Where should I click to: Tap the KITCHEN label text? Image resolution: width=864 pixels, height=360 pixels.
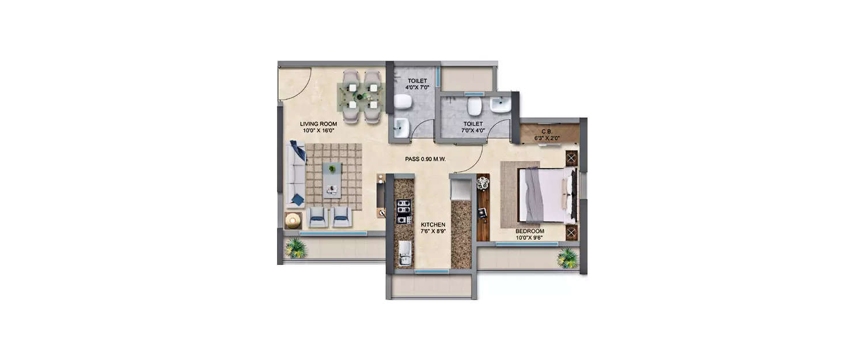tap(433, 225)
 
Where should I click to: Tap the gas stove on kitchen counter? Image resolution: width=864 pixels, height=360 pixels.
tap(404, 211)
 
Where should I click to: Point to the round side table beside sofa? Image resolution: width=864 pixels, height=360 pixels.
tap(293, 220)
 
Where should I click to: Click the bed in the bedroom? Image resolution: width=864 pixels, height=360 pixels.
tap(546, 195)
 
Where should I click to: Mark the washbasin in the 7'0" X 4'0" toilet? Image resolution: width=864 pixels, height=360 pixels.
tap(500, 105)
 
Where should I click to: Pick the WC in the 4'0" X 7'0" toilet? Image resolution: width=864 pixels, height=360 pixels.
tap(403, 102)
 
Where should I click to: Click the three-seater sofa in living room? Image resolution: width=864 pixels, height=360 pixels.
tap(295, 175)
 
